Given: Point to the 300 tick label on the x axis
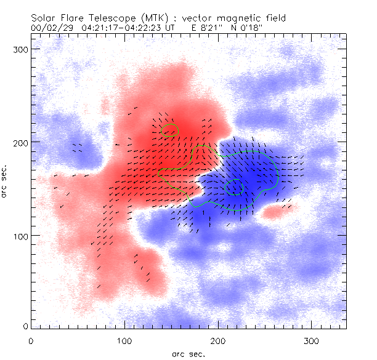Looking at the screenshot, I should click(x=312, y=340).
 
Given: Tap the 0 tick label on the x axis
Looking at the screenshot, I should click(x=31, y=340).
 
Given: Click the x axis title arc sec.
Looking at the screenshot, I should click(x=188, y=353).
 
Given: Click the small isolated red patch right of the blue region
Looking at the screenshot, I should click(x=278, y=212).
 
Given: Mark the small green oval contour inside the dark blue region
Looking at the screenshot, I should click(x=235, y=187).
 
